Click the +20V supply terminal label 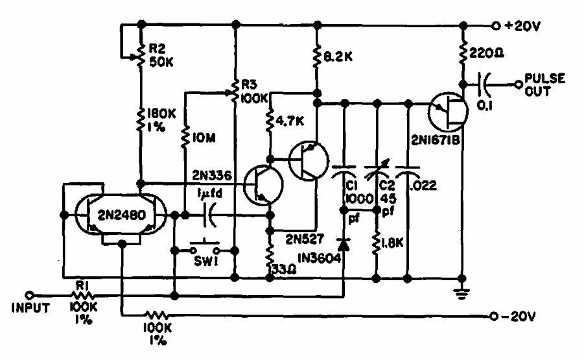[522, 26]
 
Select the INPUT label [30, 308]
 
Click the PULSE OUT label [544, 85]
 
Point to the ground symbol [462, 293]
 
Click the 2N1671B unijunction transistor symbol [448, 112]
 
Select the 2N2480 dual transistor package [121, 215]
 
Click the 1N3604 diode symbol [344, 244]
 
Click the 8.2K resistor [317, 56]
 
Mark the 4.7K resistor [271, 120]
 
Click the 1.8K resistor [377, 243]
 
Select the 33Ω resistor [270, 256]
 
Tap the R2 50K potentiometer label [161, 56]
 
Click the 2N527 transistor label [305, 239]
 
